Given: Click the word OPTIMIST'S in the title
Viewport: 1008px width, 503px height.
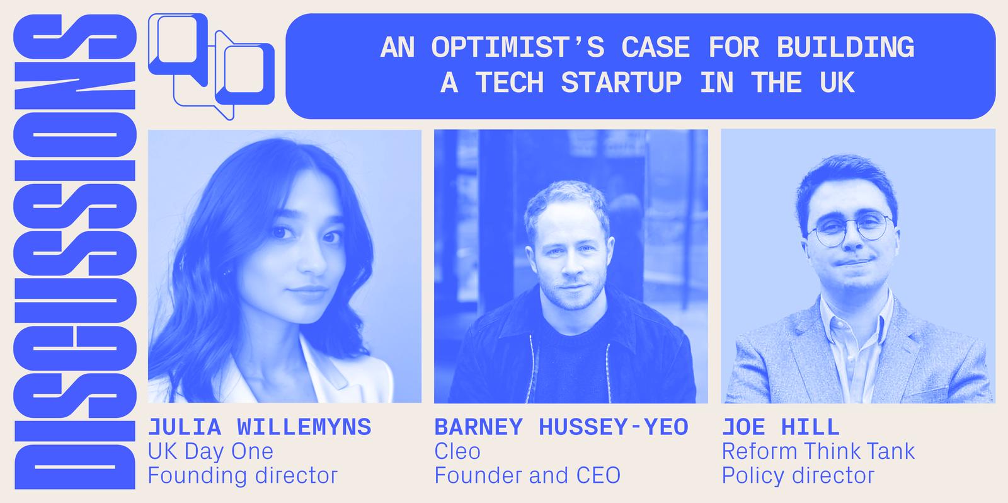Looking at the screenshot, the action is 518,47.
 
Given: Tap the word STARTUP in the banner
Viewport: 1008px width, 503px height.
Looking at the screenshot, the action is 621,83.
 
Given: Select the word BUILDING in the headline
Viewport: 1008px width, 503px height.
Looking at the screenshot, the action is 845,47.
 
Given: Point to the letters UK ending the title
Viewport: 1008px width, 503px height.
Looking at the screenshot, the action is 837,83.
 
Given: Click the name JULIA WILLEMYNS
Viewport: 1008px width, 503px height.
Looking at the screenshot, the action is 260,427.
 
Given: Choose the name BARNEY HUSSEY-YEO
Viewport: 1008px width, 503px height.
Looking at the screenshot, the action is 561,427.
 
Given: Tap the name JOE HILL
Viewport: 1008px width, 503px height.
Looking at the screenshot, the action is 781,427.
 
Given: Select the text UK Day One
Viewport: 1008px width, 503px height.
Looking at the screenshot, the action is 210,451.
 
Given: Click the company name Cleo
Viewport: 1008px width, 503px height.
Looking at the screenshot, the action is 457,451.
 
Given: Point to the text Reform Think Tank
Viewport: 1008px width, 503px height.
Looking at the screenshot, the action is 818,451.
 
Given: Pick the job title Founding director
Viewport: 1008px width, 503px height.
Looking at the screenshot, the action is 243,475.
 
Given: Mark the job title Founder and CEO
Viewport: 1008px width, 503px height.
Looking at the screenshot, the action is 527,475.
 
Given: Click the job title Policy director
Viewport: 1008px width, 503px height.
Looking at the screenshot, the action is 798,475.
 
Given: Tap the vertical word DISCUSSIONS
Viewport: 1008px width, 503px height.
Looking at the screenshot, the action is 75,251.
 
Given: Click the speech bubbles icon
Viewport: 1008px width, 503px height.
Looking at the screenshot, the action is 211,67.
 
